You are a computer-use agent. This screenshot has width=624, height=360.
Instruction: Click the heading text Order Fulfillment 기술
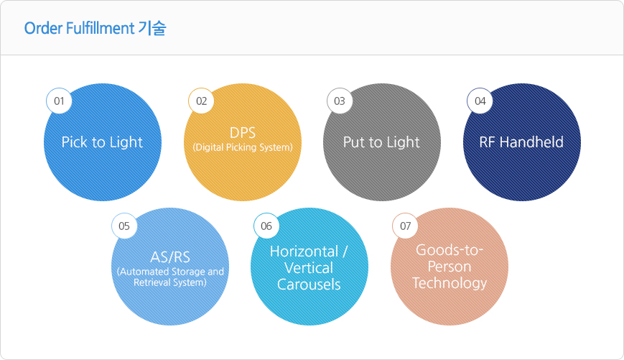coord(95,28)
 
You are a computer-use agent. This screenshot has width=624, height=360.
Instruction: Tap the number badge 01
coord(59,101)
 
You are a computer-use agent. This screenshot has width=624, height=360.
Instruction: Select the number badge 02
coord(201,101)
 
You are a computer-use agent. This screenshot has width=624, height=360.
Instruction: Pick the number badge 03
coord(340,101)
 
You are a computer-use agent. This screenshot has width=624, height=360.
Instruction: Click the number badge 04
coord(480,101)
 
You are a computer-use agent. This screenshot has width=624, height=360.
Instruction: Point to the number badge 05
coord(124,226)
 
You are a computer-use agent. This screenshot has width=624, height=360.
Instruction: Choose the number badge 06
coord(266,226)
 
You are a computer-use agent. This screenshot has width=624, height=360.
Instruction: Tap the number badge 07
coord(405,226)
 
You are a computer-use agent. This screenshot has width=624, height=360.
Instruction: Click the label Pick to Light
coord(102,142)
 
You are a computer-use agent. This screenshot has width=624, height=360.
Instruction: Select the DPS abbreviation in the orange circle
coord(243,133)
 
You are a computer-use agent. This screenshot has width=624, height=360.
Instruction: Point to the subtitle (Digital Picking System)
coord(243,147)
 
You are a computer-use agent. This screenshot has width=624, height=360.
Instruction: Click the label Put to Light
coord(381,142)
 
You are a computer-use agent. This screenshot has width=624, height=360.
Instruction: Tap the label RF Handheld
coord(521,142)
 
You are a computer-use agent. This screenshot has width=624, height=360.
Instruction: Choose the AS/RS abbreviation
coord(170,257)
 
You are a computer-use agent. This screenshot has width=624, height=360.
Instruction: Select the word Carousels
coord(309,285)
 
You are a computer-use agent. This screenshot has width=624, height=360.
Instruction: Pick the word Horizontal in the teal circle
coord(304,251)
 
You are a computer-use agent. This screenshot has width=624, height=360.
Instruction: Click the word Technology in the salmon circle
coord(450,283)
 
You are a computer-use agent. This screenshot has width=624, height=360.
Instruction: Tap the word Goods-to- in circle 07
coord(450,250)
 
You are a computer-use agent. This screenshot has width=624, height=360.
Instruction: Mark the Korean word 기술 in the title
coord(152,28)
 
